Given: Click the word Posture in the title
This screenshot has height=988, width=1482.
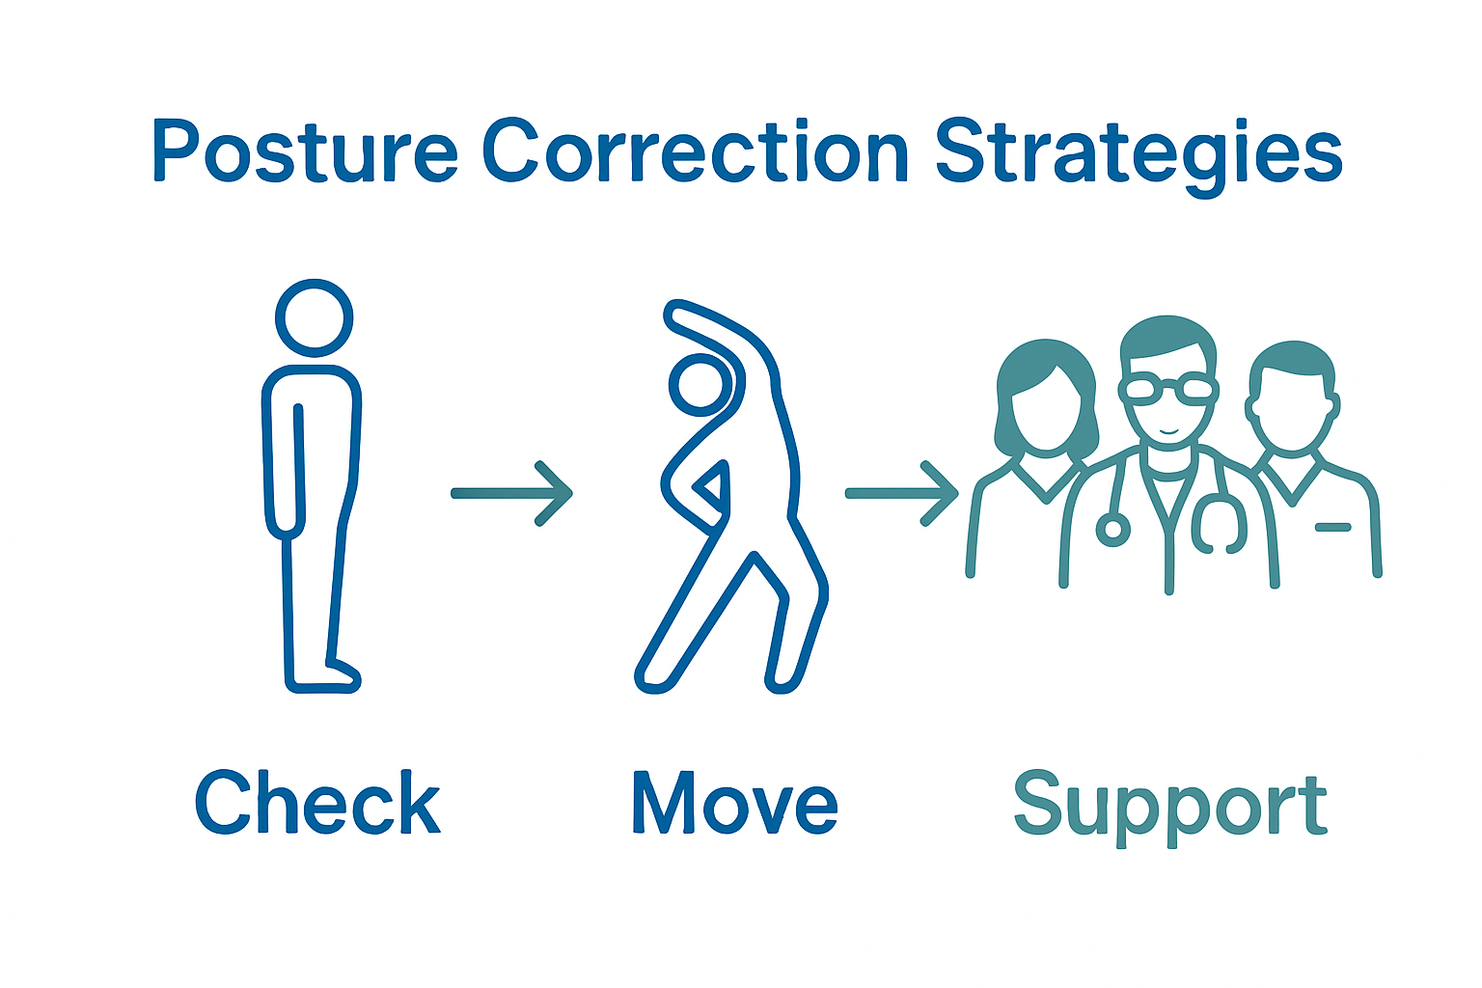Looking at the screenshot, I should [305, 152].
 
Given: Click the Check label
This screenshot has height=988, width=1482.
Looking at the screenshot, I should [317, 803].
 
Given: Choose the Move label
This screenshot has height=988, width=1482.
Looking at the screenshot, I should [735, 803].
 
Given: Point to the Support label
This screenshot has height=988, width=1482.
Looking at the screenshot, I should [1170, 807].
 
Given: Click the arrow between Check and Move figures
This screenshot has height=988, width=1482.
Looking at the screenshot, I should [512, 493].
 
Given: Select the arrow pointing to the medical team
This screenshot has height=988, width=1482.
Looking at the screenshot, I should [901, 493].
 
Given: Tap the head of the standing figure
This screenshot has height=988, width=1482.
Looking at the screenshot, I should [314, 318].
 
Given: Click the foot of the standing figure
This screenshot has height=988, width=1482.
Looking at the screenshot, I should [338, 676].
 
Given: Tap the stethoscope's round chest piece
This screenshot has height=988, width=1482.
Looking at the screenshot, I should [1112, 529].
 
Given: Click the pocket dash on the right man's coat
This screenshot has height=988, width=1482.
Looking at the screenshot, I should [1333, 527].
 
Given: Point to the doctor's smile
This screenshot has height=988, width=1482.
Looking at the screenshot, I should [1168, 429].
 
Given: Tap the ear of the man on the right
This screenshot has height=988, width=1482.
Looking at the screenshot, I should [1254, 408].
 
